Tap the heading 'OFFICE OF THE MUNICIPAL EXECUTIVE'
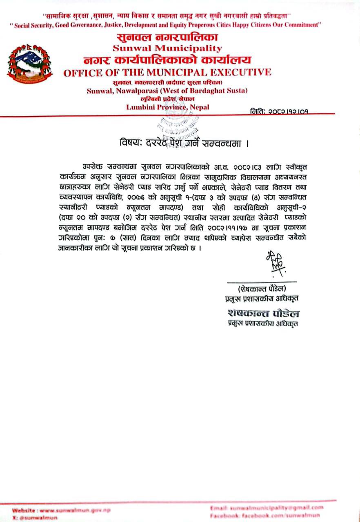click(167, 73)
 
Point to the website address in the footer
click(61, 510)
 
